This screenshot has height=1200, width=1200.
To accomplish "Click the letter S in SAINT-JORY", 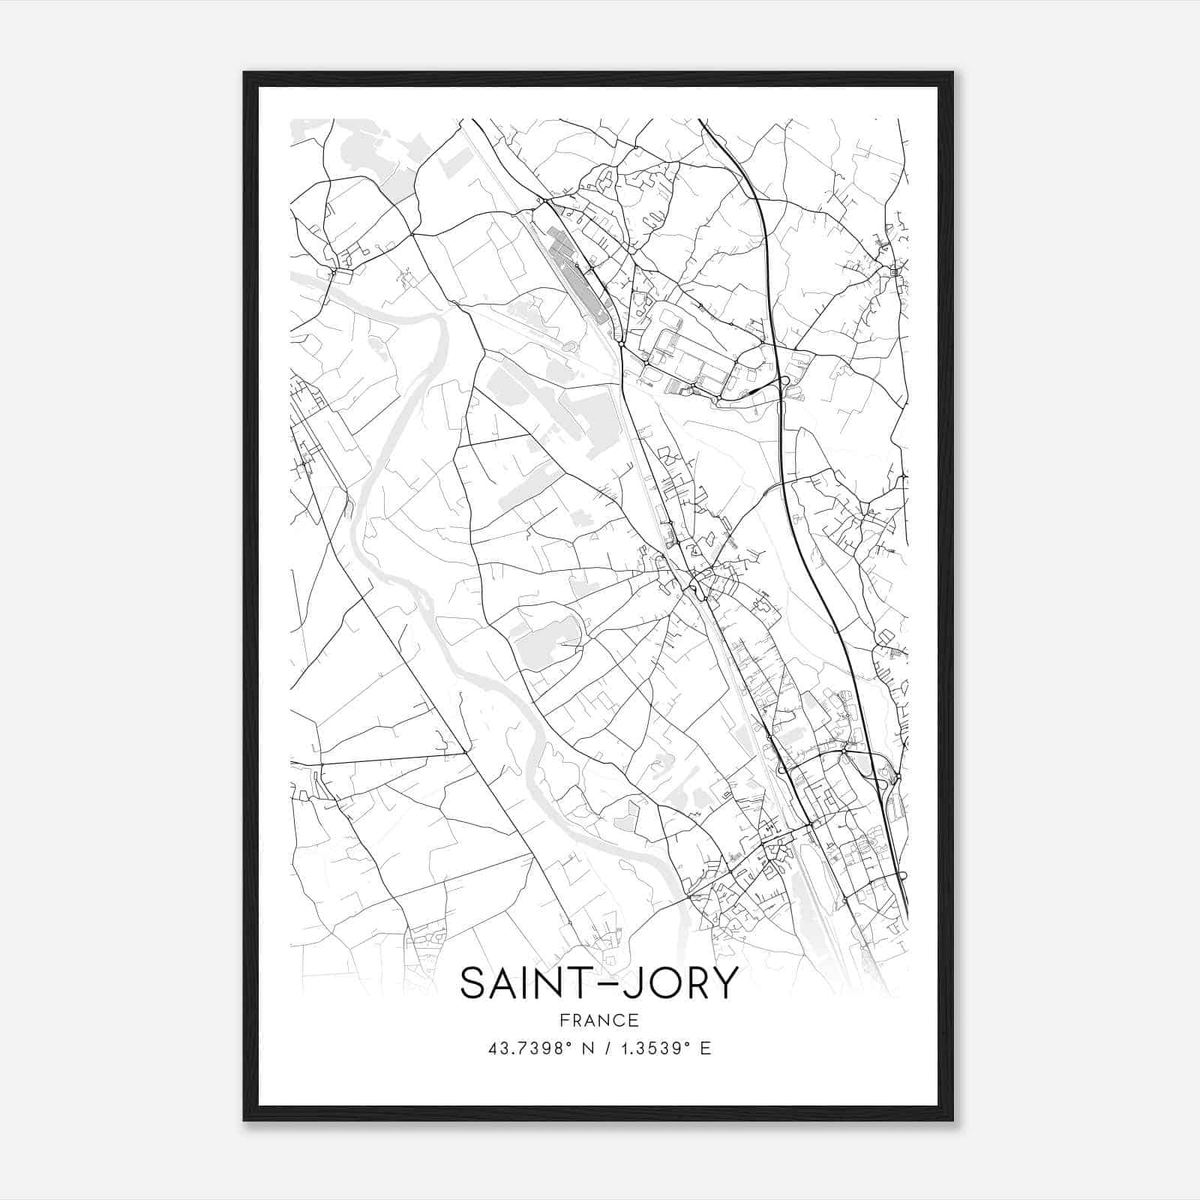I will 474,983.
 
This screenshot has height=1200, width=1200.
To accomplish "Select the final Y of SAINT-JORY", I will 722,983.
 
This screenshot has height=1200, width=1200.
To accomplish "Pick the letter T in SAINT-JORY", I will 572,983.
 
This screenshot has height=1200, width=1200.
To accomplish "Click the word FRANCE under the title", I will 599,1020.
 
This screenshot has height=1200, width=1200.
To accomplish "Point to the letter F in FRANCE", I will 563,1020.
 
